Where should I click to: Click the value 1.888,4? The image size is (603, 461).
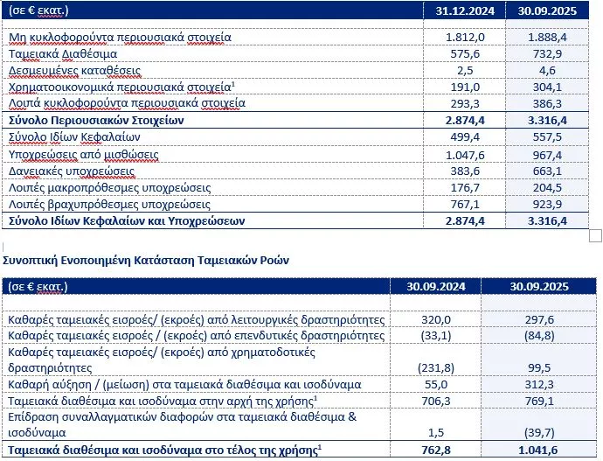(548, 38)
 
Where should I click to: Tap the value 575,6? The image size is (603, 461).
(458, 54)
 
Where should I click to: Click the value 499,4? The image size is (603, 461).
(458, 137)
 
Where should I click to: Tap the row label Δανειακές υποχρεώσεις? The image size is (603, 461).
(72, 171)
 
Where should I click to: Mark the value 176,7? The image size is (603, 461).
(458, 187)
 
